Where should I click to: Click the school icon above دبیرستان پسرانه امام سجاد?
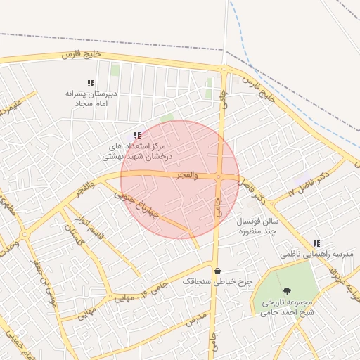(90, 83)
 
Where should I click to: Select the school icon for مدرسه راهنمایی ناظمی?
(316, 243)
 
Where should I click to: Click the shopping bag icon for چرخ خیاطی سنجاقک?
(217, 271)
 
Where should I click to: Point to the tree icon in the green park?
(286, 291)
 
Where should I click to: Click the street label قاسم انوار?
(91, 229)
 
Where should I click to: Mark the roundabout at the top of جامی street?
(224, 69)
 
